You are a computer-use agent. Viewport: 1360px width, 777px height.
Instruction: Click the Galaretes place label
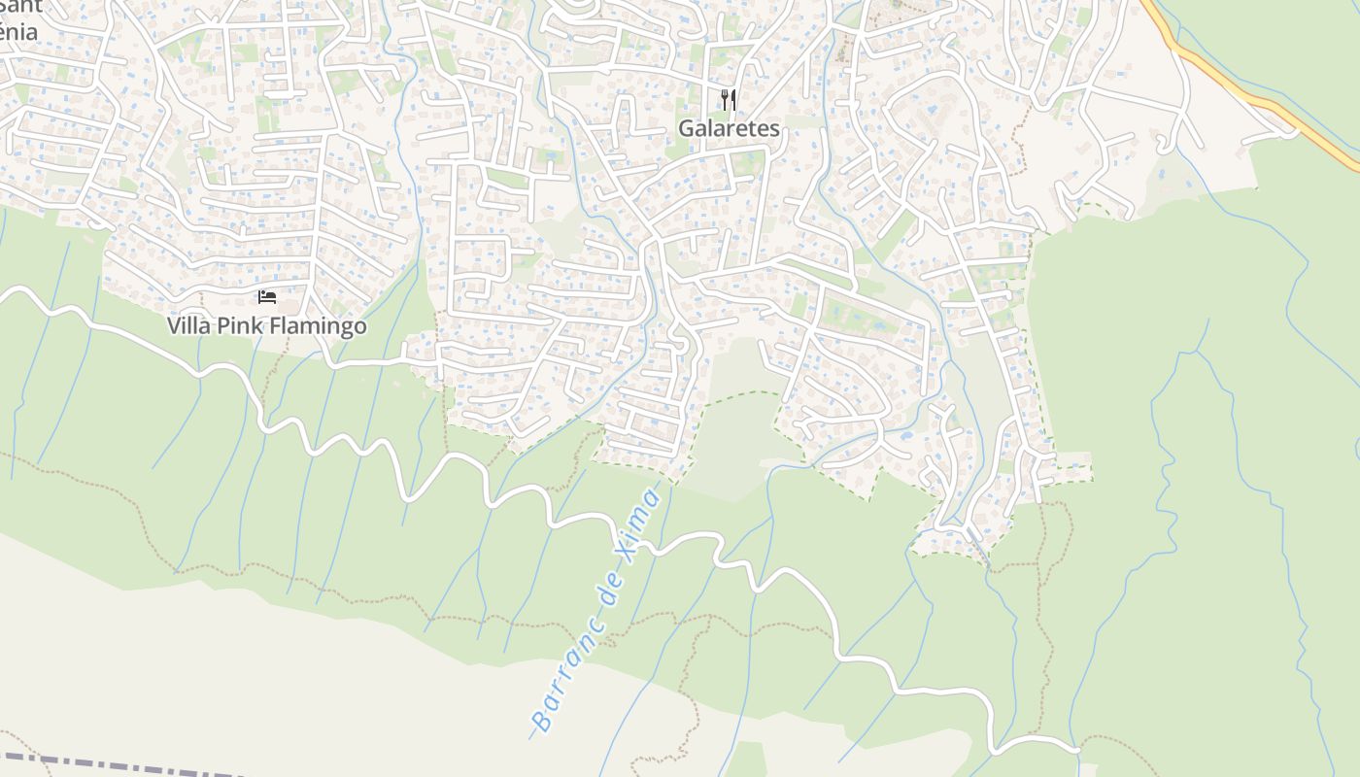coord(729,128)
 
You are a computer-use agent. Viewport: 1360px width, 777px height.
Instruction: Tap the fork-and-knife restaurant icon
coord(729,99)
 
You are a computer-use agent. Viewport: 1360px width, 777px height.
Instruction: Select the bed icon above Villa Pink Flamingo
coord(267,296)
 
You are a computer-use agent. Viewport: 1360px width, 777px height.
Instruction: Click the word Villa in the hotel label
coord(187,325)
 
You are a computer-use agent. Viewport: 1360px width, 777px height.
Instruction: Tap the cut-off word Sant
coord(21,7)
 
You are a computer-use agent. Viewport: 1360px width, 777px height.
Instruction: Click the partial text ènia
coord(19,32)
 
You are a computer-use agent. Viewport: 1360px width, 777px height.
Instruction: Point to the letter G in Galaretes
coord(687,128)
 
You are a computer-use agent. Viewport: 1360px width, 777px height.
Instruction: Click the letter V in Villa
coord(174,325)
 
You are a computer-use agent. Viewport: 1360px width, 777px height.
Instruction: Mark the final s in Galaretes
coord(774,128)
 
